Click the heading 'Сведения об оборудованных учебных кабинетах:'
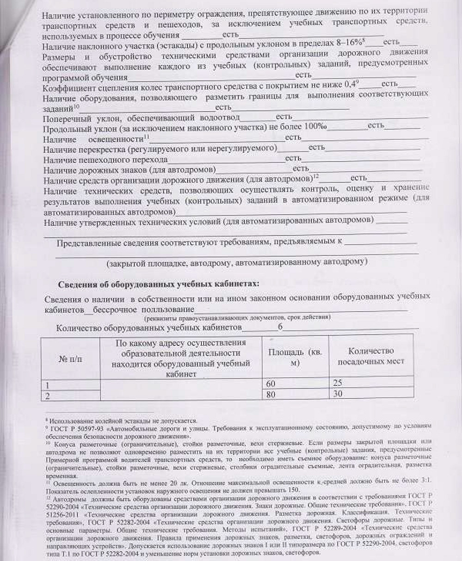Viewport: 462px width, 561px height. pyautogui.click(x=158, y=283)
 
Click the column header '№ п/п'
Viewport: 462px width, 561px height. pyautogui.click(x=70, y=359)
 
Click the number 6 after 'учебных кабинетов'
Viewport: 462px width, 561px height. pyautogui.click(x=280, y=327)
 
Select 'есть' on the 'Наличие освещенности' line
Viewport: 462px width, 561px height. pyautogui.click(x=293, y=137)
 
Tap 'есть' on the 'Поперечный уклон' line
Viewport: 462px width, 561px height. pyautogui.click(x=283, y=117)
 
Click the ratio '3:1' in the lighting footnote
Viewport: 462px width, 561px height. pyautogui.click(x=424, y=482)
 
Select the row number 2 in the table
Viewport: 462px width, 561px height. pyautogui.click(x=46, y=395)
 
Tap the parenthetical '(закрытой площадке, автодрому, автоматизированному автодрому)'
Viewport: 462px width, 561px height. pyautogui.click(x=237, y=263)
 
